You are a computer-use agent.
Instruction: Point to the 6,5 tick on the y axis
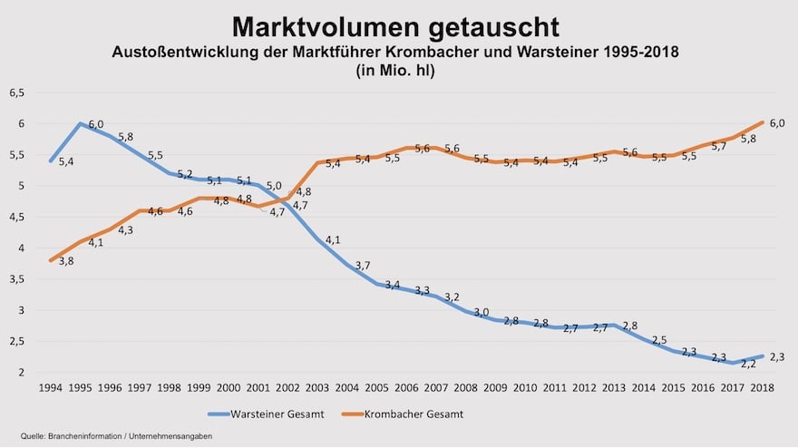pyautogui.click(x=17, y=93)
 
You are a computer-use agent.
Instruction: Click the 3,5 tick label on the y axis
pyautogui.click(x=17, y=279)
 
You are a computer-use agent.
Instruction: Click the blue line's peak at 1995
pyautogui.click(x=82, y=123)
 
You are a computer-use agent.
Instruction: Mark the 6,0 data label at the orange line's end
pyautogui.click(x=776, y=122)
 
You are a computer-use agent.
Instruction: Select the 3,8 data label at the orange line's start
pyautogui.click(x=66, y=261)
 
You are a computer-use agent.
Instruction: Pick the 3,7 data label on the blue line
pyautogui.click(x=363, y=265)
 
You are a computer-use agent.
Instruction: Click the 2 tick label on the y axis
pyautogui.click(x=20, y=373)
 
